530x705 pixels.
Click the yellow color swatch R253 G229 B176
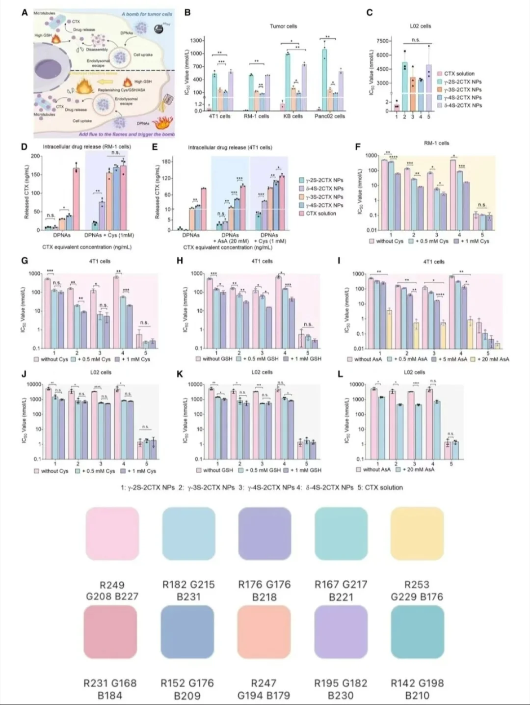point(417,534)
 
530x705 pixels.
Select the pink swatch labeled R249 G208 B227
point(112,534)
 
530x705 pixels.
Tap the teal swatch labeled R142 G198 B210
point(417,632)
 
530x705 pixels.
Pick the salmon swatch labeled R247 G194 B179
point(264,632)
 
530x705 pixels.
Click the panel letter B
point(187,12)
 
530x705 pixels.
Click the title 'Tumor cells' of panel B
point(283,26)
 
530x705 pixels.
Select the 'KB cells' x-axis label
point(293,116)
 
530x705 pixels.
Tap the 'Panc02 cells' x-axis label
point(330,116)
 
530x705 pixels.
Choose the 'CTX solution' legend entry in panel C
point(459,74)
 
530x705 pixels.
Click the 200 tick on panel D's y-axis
point(35,156)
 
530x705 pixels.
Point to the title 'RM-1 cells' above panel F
point(436,143)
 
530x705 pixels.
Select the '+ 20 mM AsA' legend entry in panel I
point(493,359)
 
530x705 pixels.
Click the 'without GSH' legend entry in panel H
point(217,359)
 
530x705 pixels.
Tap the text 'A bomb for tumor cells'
point(147,14)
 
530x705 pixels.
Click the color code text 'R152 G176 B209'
point(187,689)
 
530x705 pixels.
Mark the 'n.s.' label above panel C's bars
point(416,40)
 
